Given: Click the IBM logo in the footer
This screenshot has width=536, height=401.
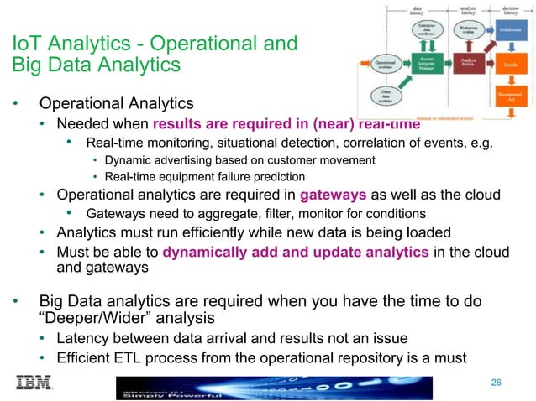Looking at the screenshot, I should [34, 383].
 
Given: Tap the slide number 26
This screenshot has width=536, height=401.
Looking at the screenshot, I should [496, 383].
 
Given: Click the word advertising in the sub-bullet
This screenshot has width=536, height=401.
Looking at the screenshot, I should [176, 159].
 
